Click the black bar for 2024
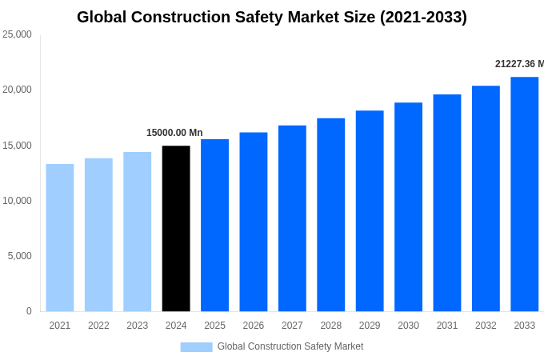click(x=176, y=228)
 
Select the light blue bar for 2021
click(x=60, y=238)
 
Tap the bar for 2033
click(x=524, y=194)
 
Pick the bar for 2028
click(x=330, y=214)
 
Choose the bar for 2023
click(x=137, y=231)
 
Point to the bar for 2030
click(x=408, y=206)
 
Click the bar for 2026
click(x=253, y=222)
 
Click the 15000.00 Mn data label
click(x=174, y=133)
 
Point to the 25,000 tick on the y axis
click(x=17, y=34)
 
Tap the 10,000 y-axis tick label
click(x=17, y=201)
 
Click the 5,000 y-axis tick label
click(x=19, y=256)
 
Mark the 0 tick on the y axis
click(x=29, y=311)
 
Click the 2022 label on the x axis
click(x=98, y=326)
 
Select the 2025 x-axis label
click(x=214, y=326)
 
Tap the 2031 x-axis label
click(x=447, y=326)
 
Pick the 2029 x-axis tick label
click(x=370, y=326)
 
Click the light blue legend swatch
click(x=196, y=347)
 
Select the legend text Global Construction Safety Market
click(x=290, y=346)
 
